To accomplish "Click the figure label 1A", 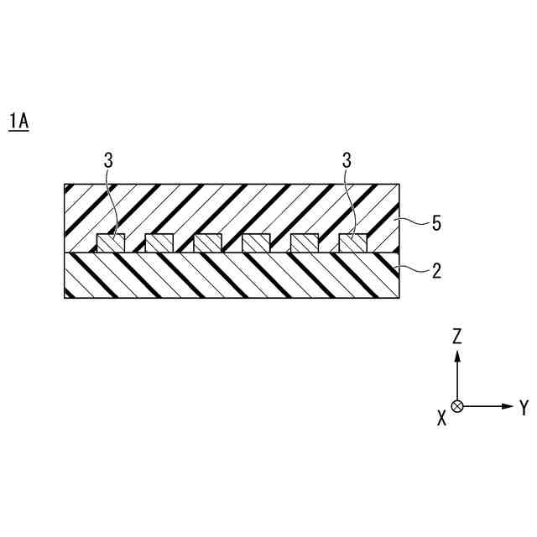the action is click(x=18, y=122).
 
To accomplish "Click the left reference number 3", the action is click(x=108, y=160).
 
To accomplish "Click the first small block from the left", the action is click(x=112, y=243).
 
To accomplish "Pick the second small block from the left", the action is click(x=159, y=243).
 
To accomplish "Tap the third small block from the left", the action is click(x=208, y=243).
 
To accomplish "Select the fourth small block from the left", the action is click(x=256, y=243).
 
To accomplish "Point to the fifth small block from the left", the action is click(x=305, y=243).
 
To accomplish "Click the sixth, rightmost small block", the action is click(x=352, y=243).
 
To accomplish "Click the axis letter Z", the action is click(x=457, y=336).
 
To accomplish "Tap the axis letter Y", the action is click(x=524, y=408).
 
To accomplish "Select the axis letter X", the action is click(x=441, y=418).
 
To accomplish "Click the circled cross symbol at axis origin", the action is click(x=457, y=406).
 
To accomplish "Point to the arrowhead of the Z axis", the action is click(x=457, y=356).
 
